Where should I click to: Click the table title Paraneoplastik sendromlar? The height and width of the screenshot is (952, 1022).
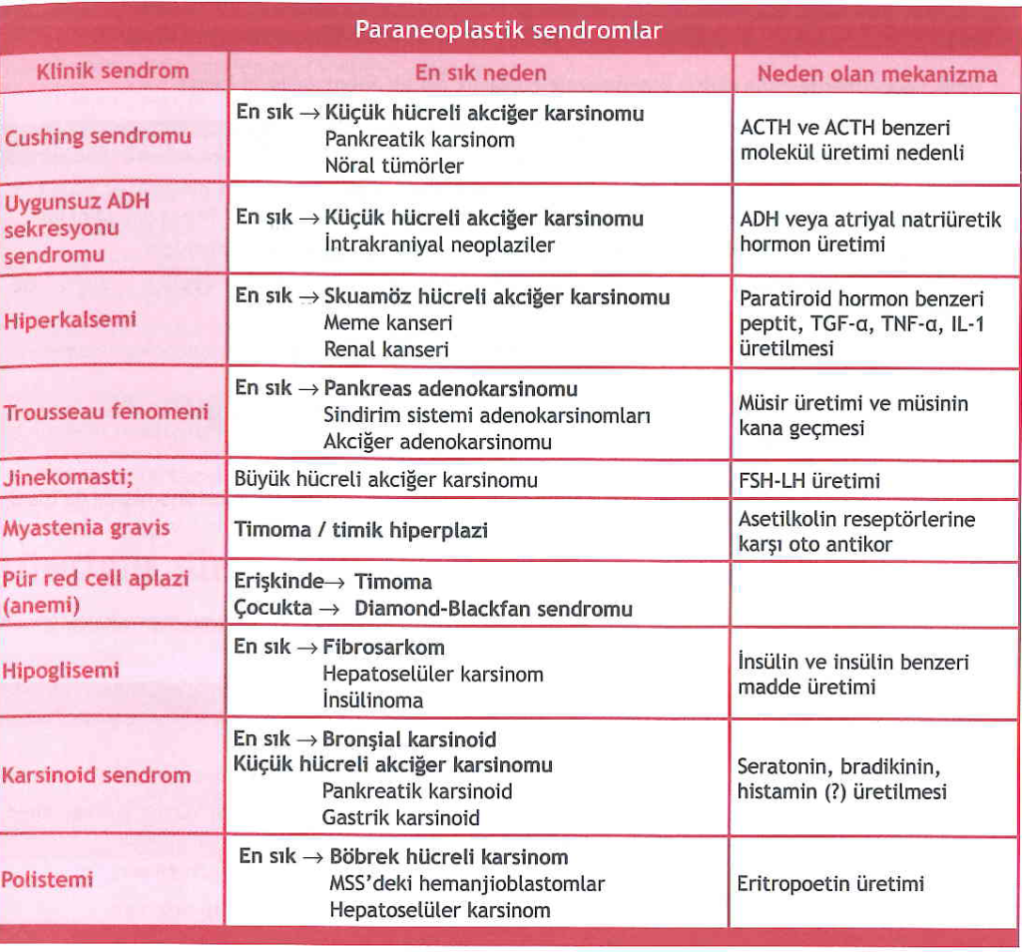pyautogui.click(x=508, y=31)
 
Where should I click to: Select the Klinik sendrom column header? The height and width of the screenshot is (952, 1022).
pyautogui.click(x=112, y=72)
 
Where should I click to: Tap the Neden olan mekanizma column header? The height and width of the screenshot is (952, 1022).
pyautogui.click(x=876, y=74)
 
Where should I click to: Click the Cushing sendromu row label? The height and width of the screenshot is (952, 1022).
pyautogui.click(x=98, y=138)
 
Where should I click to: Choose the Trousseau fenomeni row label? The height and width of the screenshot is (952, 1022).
pyautogui.click(x=106, y=412)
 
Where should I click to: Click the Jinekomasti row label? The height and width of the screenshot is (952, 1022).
pyautogui.click(x=69, y=477)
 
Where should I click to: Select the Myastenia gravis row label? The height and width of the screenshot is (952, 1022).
pyautogui.click(x=87, y=528)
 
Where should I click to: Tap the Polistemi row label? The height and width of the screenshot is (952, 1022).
pyautogui.click(x=47, y=879)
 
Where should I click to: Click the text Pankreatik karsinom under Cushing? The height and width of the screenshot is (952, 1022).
pyautogui.click(x=419, y=140)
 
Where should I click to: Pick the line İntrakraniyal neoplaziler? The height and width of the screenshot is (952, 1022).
pyautogui.click(x=439, y=244)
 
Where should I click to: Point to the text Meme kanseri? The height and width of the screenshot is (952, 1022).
pyautogui.click(x=388, y=323)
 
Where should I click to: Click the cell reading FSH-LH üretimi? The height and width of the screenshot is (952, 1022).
pyautogui.click(x=809, y=481)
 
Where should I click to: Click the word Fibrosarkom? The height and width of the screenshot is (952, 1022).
pyautogui.click(x=383, y=647)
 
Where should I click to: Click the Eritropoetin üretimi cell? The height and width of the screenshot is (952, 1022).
pyautogui.click(x=830, y=883)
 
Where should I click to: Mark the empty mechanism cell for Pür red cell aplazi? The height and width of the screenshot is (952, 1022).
pyautogui.click(x=876, y=594)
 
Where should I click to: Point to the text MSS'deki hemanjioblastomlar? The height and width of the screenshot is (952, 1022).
pyautogui.click(x=466, y=884)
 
